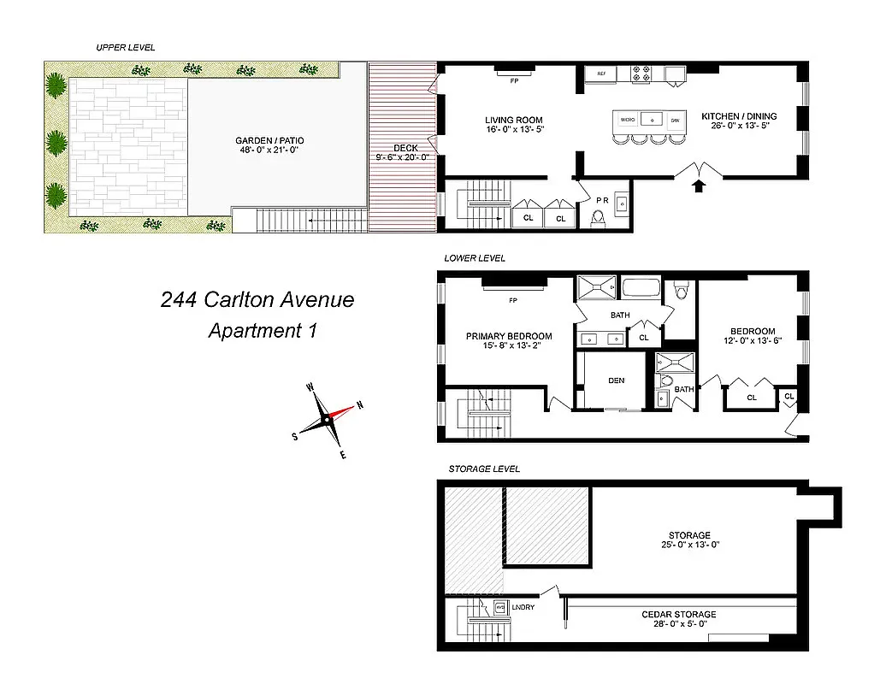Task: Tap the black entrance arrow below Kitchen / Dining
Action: click(699, 185)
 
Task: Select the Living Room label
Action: click(513, 121)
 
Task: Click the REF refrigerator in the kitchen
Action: click(601, 74)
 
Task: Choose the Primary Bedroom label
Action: click(508, 336)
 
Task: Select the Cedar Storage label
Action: click(679, 614)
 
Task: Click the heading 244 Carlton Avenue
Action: click(257, 300)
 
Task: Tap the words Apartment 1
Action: click(262, 331)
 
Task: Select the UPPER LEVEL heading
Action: click(126, 48)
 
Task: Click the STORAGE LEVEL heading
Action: click(484, 469)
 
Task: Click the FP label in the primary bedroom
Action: click(513, 300)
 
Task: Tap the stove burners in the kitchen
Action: click(641, 75)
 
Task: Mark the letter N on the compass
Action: click(360, 405)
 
